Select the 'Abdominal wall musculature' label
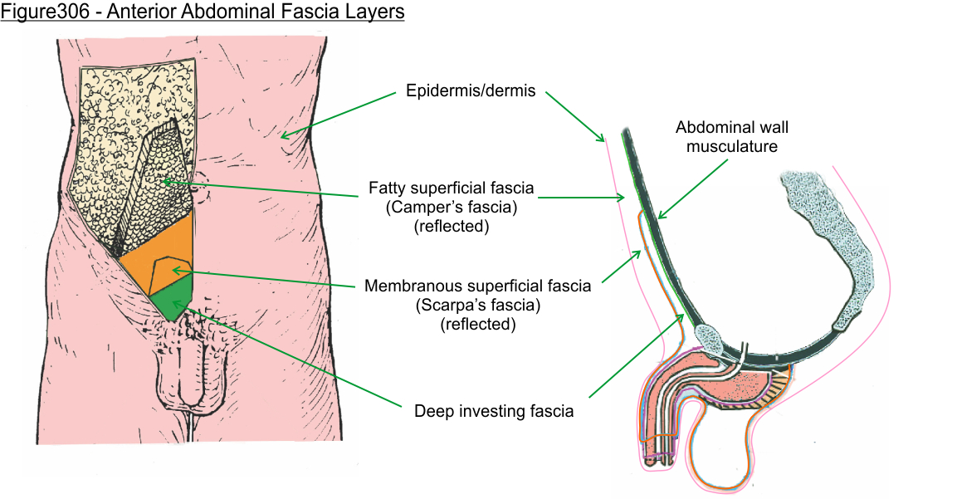731,137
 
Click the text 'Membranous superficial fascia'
477,286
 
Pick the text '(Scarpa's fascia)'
477,305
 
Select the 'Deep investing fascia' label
494,410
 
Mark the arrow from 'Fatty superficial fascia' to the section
581,198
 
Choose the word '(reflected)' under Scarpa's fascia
477,324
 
